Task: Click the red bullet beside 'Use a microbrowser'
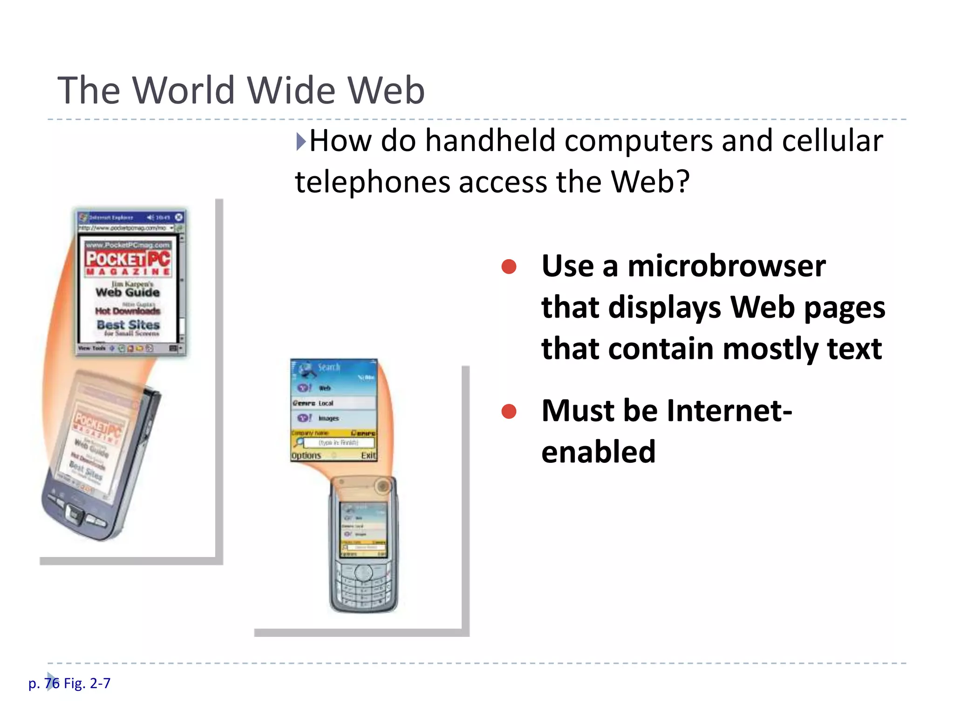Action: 509,267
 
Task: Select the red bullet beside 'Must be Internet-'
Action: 509,411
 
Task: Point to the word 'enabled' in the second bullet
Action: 598,452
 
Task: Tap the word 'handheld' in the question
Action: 491,141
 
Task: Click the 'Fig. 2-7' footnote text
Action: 87,683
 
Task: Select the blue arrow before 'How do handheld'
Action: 301,141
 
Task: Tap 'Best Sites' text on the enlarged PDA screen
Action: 128,325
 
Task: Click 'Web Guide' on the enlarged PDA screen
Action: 128,292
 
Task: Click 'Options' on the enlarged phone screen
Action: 306,455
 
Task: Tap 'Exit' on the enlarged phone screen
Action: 368,455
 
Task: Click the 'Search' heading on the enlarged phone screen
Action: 329,367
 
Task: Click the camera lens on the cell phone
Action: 383,486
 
